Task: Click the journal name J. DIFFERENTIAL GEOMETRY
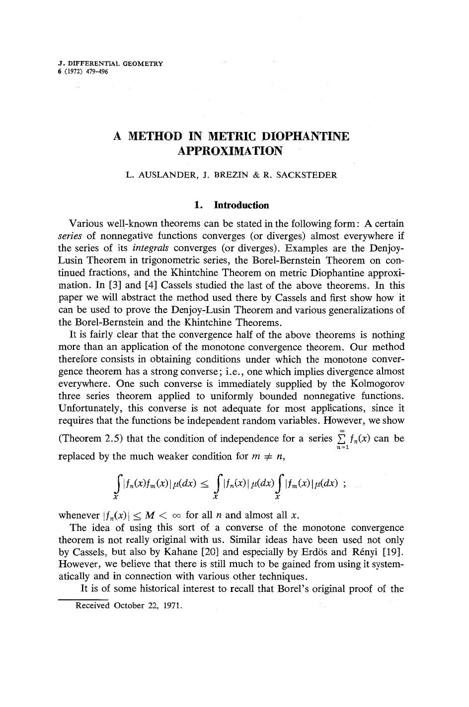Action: pos(110,64)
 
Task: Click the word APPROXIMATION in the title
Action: pos(230,151)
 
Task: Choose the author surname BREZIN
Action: pos(231,175)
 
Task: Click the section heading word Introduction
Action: pos(241,205)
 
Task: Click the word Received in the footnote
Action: pos(92,606)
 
